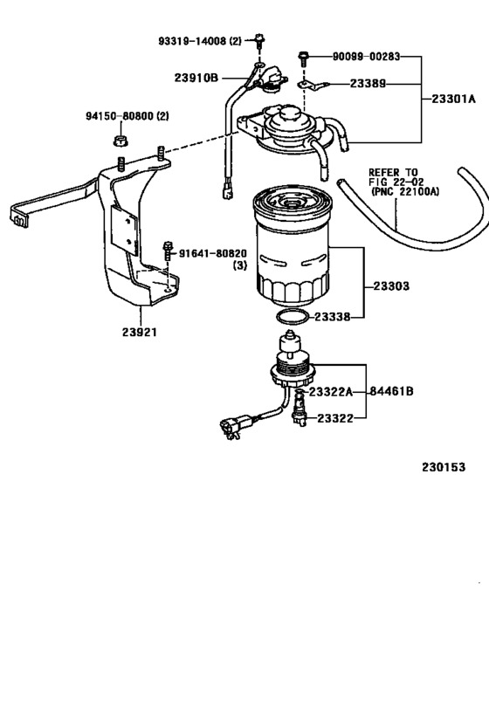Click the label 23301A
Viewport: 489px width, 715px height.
[x=453, y=100]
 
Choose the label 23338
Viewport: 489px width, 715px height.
[x=333, y=317]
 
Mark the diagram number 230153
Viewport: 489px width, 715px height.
[x=444, y=466]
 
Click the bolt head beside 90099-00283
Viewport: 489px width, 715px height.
[x=302, y=58]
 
